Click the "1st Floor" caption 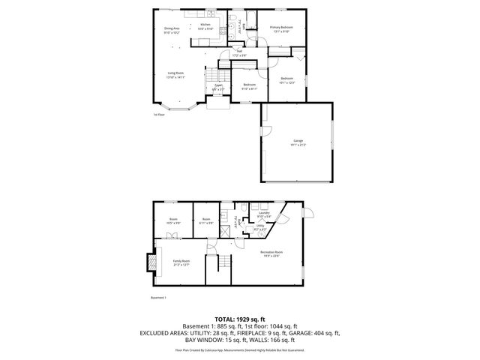(158, 115)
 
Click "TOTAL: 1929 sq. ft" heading (240, 319)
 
